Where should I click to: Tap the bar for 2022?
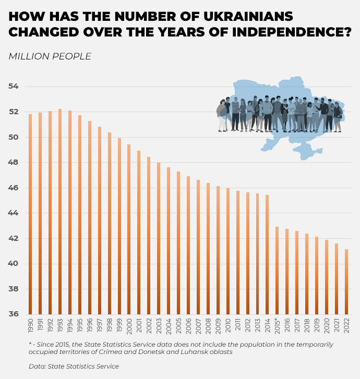[346, 282]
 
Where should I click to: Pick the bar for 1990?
[30, 214]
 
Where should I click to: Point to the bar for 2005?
[178, 242]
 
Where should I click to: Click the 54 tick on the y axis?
[14, 86]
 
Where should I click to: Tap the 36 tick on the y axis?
[14, 314]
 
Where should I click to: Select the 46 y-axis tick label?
[14, 188]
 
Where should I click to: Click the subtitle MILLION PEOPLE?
[50, 56]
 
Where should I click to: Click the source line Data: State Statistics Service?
[74, 366]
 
